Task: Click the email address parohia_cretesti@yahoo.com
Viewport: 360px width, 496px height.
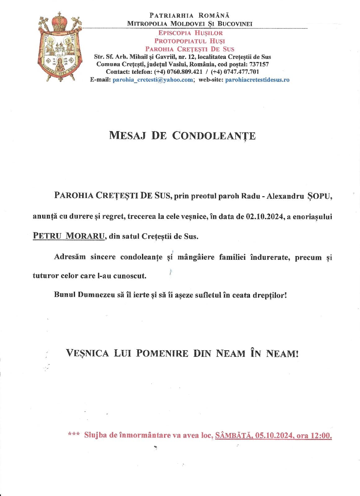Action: click(153, 80)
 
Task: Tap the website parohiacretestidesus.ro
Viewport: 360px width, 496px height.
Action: click(257, 80)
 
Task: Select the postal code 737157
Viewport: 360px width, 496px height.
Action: click(258, 64)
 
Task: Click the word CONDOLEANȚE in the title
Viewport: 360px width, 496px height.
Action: click(214, 136)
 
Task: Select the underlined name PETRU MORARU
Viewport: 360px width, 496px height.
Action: click(69, 236)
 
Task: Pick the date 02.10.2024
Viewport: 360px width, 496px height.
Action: click(265, 216)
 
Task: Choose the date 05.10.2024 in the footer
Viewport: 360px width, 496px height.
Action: click(274, 436)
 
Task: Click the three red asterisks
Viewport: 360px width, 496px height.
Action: click(73, 435)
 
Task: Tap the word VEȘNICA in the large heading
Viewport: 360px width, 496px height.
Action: click(87, 353)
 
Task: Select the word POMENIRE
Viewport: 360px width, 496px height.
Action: click(162, 353)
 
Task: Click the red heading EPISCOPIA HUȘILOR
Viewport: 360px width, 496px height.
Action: click(190, 33)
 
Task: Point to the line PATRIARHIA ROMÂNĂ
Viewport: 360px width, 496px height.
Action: click(189, 15)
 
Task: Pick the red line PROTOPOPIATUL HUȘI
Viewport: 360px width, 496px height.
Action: click(190, 41)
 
